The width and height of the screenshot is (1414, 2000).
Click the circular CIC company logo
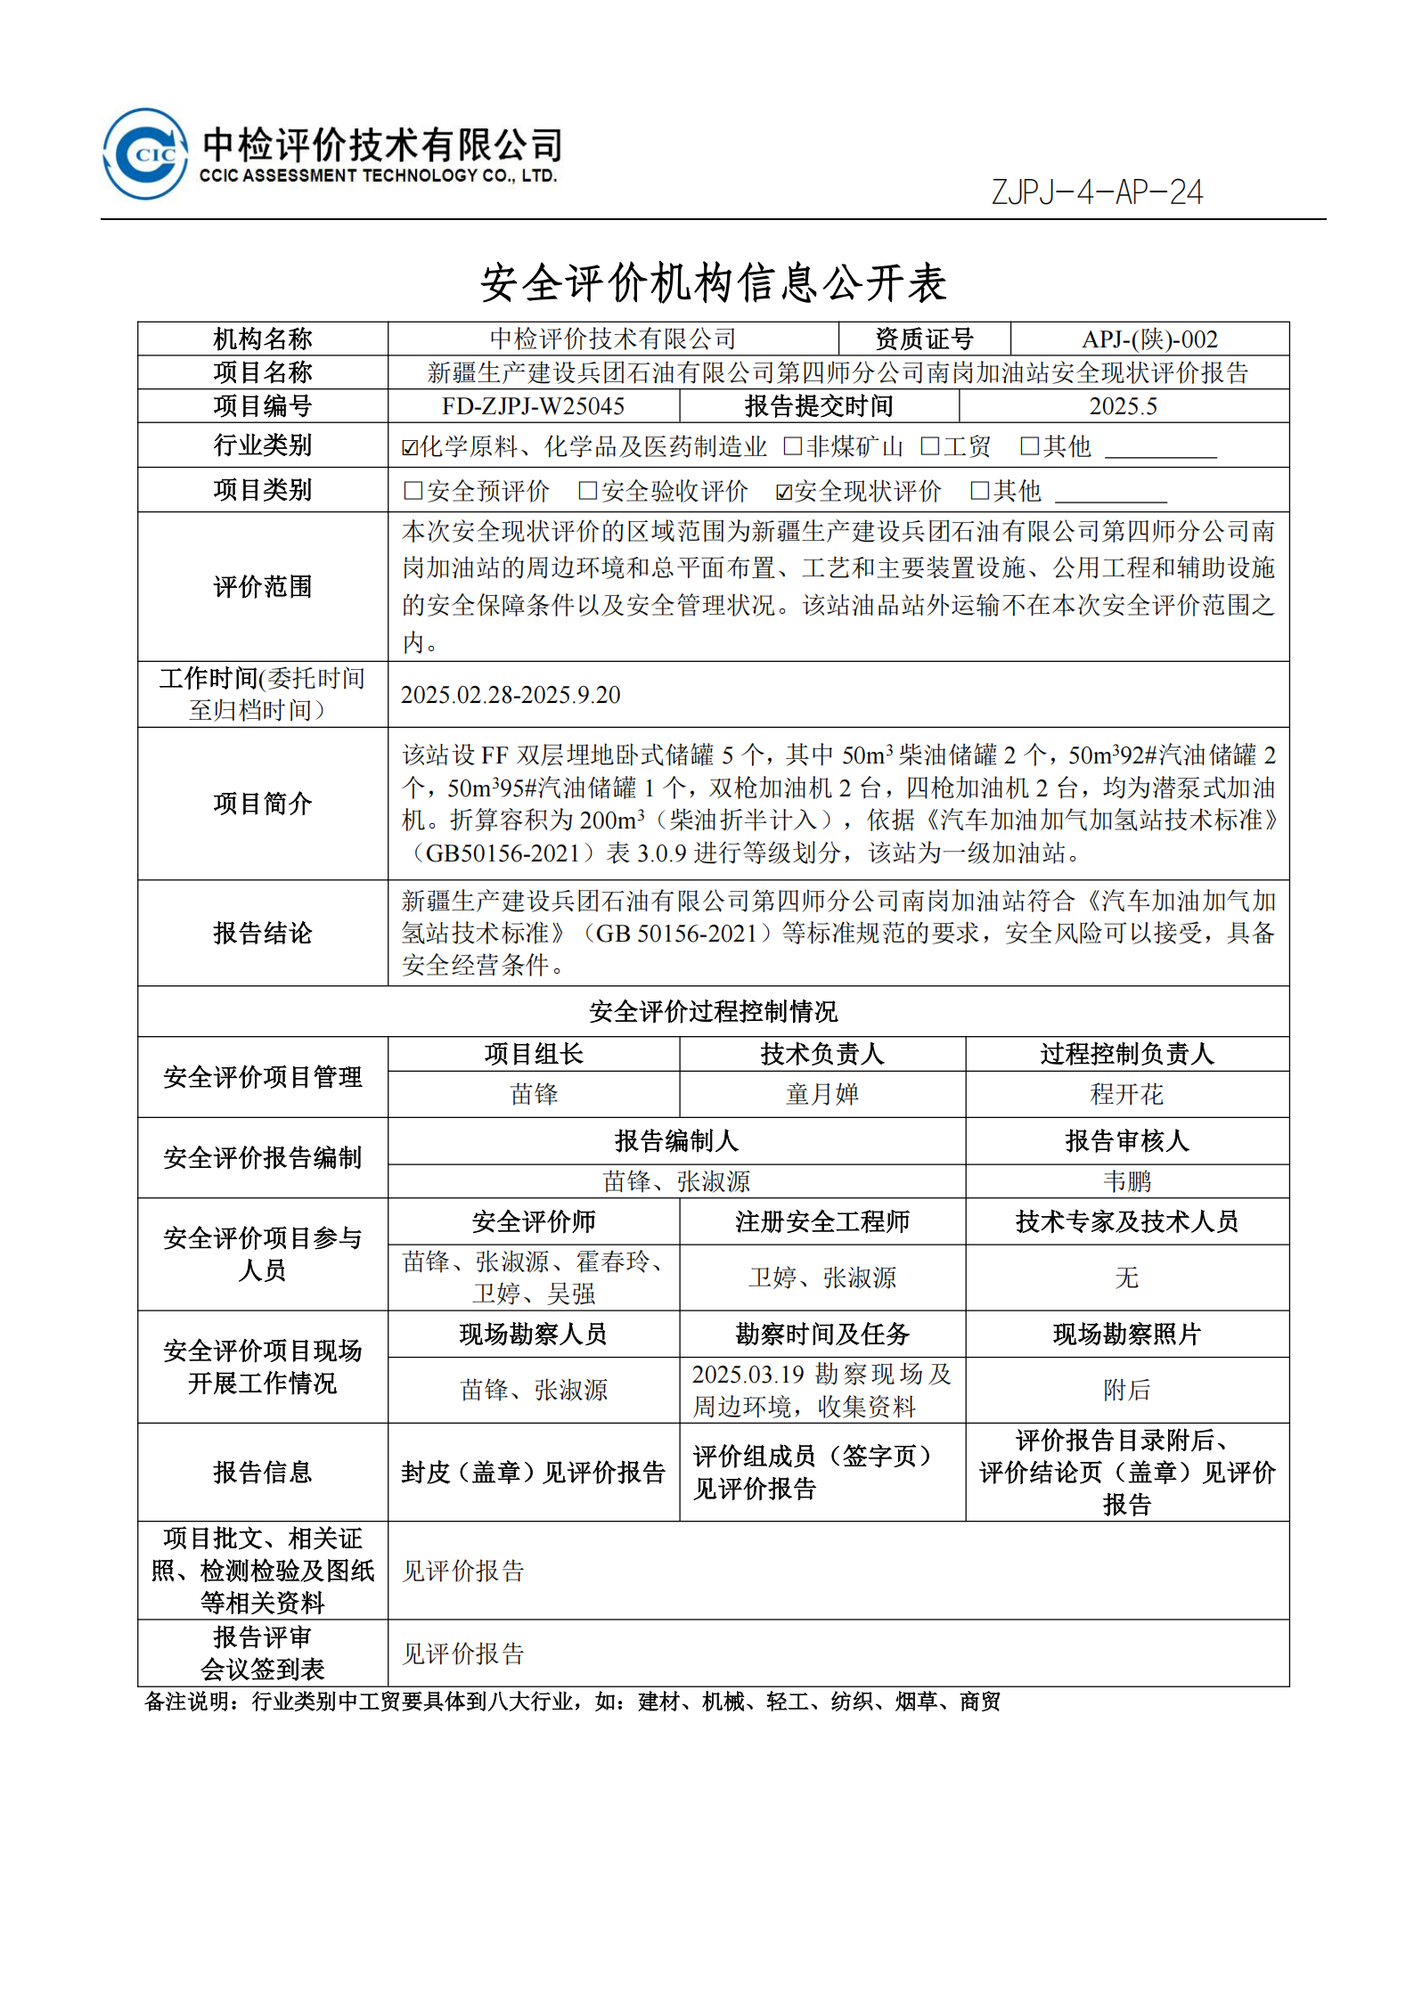pyautogui.click(x=145, y=154)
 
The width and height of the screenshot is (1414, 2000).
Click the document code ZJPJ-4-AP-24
pyautogui.click(x=1097, y=192)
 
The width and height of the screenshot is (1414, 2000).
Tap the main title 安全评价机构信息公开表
pyautogui.click(x=713, y=283)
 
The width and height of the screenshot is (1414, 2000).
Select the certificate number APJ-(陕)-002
pyautogui.click(x=1149, y=339)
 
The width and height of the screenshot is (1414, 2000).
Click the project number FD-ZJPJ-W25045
pyautogui.click(x=533, y=406)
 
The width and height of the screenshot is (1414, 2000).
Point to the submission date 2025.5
pyautogui.click(x=1123, y=406)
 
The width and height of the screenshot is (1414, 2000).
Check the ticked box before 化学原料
pyautogui.click(x=410, y=447)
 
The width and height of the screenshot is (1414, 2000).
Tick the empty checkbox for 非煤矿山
pyautogui.click(x=791, y=446)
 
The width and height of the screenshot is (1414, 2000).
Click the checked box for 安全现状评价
pyautogui.click(x=784, y=492)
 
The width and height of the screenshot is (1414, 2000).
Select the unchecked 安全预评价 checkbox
pyautogui.click(x=413, y=491)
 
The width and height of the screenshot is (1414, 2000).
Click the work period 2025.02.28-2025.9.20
pyautogui.click(x=511, y=695)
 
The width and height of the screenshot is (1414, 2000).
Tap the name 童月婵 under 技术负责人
pyautogui.click(x=821, y=1094)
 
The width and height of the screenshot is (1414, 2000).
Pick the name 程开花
pyautogui.click(x=1126, y=1094)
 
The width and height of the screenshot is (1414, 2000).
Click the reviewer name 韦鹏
pyautogui.click(x=1126, y=1181)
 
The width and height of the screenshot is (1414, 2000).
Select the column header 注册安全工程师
pyautogui.click(x=821, y=1221)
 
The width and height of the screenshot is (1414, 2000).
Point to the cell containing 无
pyautogui.click(x=1126, y=1278)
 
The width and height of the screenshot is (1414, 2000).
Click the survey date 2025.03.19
pyautogui.click(x=748, y=1375)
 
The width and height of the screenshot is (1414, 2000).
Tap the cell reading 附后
pyautogui.click(x=1126, y=1390)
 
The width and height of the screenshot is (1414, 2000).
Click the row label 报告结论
pyautogui.click(x=262, y=933)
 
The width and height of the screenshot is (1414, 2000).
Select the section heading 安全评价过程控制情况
pyautogui.click(x=713, y=1011)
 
